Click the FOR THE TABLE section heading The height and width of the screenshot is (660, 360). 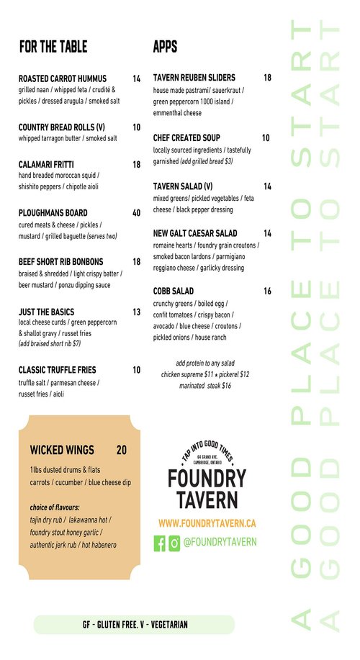click(x=53, y=47)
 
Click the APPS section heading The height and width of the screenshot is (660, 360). click(x=165, y=47)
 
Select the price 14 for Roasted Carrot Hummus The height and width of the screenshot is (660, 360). click(x=136, y=78)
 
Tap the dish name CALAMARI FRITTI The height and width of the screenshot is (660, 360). click(x=46, y=164)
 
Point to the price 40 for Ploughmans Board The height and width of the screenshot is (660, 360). click(x=136, y=213)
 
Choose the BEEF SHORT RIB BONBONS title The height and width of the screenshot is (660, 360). click(x=60, y=262)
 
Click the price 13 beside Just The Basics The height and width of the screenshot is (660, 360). click(x=136, y=312)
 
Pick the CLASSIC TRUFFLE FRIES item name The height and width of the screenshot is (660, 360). click(x=57, y=370)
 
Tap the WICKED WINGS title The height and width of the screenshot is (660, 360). click(x=62, y=451)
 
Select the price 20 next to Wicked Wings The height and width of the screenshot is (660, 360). click(x=122, y=451)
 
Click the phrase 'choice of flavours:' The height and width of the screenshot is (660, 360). click(x=55, y=507)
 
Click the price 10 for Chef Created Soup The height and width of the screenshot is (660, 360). click(x=266, y=137)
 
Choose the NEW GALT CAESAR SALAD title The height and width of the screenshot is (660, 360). click(x=195, y=233)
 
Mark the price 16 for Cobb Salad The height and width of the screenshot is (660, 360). click(x=267, y=291)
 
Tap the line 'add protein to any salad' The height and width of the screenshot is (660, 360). click(x=205, y=363)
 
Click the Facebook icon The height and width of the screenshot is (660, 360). click(x=160, y=543)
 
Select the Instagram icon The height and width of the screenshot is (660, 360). click(x=174, y=543)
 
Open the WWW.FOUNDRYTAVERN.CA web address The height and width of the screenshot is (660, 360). click(x=207, y=523)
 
